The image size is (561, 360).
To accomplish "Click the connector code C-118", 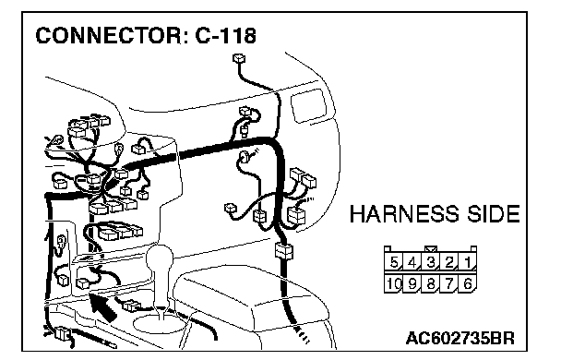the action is click(x=226, y=35).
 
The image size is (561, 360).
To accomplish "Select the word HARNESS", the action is click(x=403, y=214).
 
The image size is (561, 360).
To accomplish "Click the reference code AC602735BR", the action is click(x=460, y=338).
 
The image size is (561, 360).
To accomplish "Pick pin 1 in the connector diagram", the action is click(x=467, y=263).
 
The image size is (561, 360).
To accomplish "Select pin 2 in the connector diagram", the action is click(x=449, y=263).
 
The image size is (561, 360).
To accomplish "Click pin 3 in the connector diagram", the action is click(x=431, y=263).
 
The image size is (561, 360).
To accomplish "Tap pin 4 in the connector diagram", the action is click(x=412, y=263).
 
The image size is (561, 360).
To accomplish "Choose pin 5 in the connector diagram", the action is click(x=394, y=263).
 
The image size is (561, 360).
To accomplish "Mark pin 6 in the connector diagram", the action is click(x=467, y=283).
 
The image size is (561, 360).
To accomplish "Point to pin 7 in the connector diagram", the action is click(x=449, y=283).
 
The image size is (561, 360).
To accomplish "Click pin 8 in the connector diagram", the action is click(x=431, y=283).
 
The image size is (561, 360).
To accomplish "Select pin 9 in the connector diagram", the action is click(x=412, y=283).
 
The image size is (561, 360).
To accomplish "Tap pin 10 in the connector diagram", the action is click(x=394, y=283).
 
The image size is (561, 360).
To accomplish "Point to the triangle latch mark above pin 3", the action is click(x=431, y=249).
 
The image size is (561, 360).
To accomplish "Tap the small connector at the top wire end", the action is click(x=239, y=58).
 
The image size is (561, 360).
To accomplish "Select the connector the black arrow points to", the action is click(x=83, y=282).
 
